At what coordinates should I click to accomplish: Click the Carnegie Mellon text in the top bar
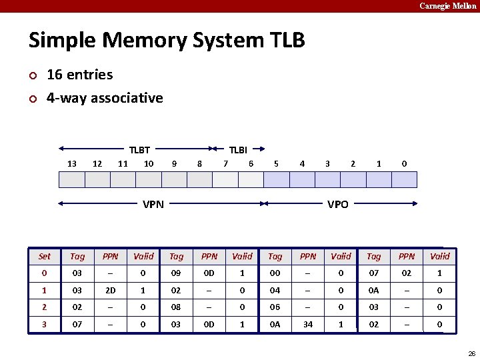point(447,6)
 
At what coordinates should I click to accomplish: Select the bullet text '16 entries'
point(79,75)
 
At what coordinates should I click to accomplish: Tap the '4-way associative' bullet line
point(105,98)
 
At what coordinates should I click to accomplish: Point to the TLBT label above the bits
point(139,151)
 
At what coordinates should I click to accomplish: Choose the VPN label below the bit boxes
point(153,205)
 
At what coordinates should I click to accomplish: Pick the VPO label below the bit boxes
point(337,205)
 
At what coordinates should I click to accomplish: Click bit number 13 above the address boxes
point(72,164)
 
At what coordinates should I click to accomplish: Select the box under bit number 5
point(277,180)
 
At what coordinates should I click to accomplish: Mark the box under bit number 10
point(149,180)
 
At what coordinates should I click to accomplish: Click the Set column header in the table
point(45,256)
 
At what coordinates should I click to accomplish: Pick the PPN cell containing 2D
point(111,291)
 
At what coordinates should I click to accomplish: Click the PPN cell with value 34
point(308,325)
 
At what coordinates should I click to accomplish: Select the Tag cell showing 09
point(177,273)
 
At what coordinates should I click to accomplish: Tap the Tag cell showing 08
point(177,307)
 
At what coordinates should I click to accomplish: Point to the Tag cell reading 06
point(275,307)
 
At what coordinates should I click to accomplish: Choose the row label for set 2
point(45,307)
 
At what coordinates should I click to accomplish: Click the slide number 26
point(471,353)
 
